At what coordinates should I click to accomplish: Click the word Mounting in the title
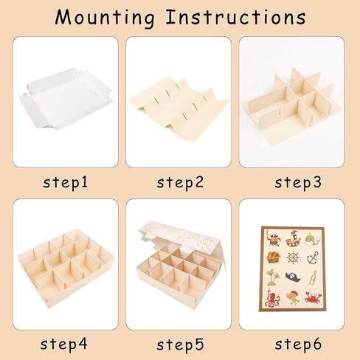pyautogui.click(x=105, y=18)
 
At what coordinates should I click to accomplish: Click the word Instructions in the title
pyautogui.click(x=235, y=17)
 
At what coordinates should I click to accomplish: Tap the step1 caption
pyautogui.click(x=65, y=183)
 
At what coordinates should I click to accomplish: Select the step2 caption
pyautogui.click(x=180, y=183)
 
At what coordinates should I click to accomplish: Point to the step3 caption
pyautogui.click(x=298, y=183)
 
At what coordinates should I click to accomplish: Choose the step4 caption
pyautogui.click(x=63, y=345)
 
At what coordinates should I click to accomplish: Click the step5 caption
pyautogui.click(x=180, y=345)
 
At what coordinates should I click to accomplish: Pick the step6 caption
pyautogui.click(x=298, y=345)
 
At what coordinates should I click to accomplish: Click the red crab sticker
pyautogui.click(x=313, y=297)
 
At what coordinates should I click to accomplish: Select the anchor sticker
pyautogui.click(x=313, y=257)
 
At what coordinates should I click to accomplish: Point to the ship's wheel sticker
pyautogui.click(x=293, y=258)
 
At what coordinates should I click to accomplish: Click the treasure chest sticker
pyautogui.click(x=273, y=257)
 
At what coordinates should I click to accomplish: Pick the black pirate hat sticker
pyautogui.click(x=293, y=277)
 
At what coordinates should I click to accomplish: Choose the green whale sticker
pyautogui.click(x=312, y=239)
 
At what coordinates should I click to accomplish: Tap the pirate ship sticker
pyautogui.click(x=293, y=238)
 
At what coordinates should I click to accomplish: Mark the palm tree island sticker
pyautogui.click(x=273, y=277)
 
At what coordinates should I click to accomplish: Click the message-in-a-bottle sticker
pyautogui.click(x=313, y=278)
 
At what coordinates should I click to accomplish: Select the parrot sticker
pyautogui.click(x=293, y=297)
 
